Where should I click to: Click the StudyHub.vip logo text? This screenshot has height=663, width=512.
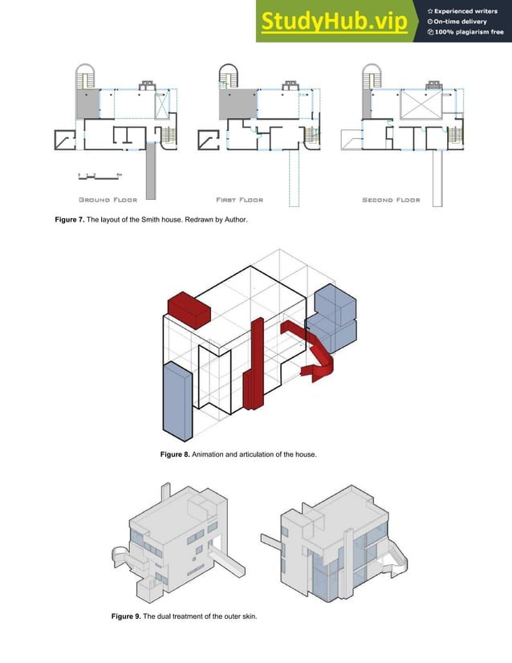(x=332, y=22)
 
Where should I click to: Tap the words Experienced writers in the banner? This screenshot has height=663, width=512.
(x=466, y=10)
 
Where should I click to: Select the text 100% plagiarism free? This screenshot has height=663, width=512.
(x=466, y=32)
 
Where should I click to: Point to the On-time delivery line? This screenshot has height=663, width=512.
(x=461, y=22)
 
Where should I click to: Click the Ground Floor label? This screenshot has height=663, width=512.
(x=108, y=200)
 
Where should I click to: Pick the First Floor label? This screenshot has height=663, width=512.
(x=239, y=200)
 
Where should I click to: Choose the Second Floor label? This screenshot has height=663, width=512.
(x=391, y=200)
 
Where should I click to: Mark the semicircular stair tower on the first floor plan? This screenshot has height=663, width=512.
(x=228, y=75)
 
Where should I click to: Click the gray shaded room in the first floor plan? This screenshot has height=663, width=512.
(x=236, y=104)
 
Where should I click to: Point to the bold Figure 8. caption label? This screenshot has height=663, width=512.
(x=175, y=455)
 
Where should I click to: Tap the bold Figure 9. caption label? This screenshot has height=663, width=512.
(x=125, y=616)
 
